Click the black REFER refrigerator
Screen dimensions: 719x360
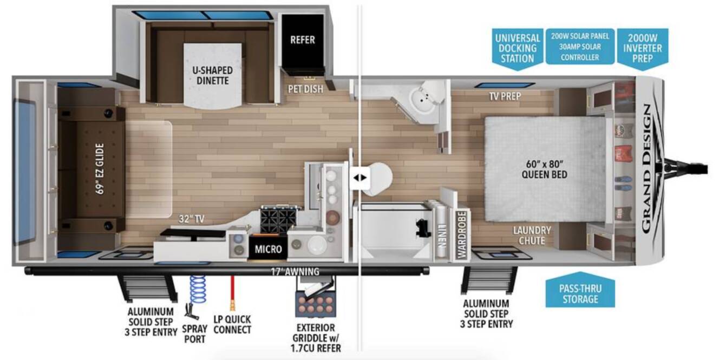pyautogui.click(x=303, y=41)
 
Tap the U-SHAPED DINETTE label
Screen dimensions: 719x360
pyautogui.click(x=212, y=75)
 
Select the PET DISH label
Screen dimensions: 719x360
pyautogui.click(x=305, y=89)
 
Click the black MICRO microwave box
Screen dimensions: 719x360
pyautogui.click(x=268, y=248)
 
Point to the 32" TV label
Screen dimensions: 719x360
pyautogui.click(x=191, y=219)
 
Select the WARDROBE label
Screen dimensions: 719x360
pyautogui.click(x=461, y=235)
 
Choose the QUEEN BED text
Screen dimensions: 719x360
pyautogui.click(x=544, y=174)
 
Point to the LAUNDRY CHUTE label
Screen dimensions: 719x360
pyautogui.click(x=532, y=235)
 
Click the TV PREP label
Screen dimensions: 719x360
pyautogui.click(x=505, y=96)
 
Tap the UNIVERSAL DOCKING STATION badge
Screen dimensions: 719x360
pyautogui.click(x=518, y=49)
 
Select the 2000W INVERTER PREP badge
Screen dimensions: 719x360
pyautogui.click(x=642, y=49)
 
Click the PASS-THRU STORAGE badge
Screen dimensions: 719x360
pyautogui.click(x=580, y=290)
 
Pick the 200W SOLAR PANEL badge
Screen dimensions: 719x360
pyautogui.click(x=580, y=47)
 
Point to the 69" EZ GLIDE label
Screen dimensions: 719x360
pyautogui.click(x=100, y=168)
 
